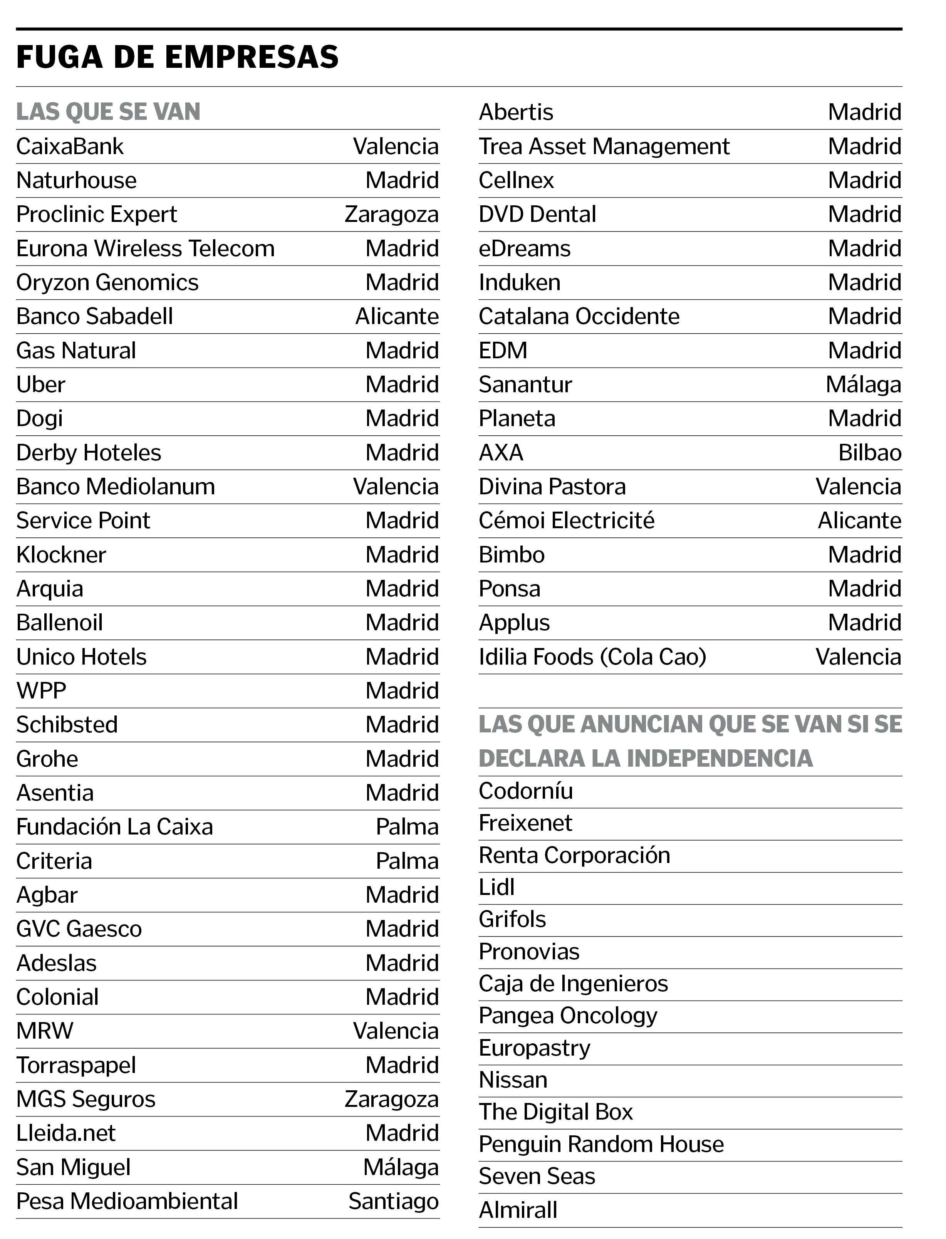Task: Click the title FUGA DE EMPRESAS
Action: click(177, 57)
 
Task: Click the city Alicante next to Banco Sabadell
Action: click(397, 317)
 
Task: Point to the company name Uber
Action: click(40, 384)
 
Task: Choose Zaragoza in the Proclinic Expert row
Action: click(391, 215)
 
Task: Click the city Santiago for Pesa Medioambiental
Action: click(394, 1201)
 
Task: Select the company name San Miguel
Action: click(73, 1167)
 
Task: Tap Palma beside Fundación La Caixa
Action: click(407, 827)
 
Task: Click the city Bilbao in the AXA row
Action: click(870, 453)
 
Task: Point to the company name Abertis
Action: click(516, 112)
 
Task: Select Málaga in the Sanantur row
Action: click(863, 384)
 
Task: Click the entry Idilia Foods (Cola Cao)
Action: click(592, 656)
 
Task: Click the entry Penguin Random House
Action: click(601, 1144)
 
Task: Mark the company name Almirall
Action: click(518, 1210)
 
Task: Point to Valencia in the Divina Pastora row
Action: click(858, 487)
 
